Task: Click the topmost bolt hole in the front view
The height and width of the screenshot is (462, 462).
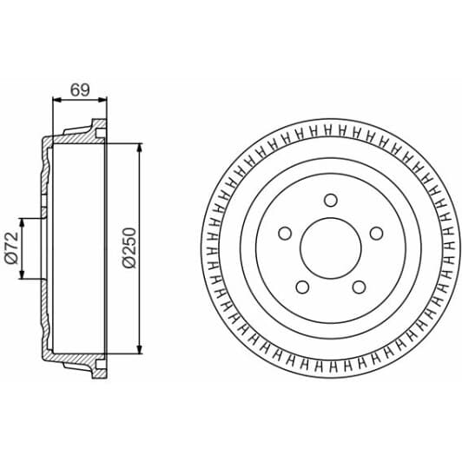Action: coord(330,201)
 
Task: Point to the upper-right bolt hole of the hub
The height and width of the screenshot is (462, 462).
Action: coord(376,234)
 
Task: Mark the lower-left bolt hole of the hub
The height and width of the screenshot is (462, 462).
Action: coord(300,287)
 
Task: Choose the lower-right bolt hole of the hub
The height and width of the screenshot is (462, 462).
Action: coord(359,287)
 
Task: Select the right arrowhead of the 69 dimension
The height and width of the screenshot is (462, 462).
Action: coord(102,101)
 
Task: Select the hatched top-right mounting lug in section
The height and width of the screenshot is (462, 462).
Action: coord(97,131)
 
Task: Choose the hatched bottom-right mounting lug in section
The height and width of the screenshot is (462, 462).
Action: coord(97,368)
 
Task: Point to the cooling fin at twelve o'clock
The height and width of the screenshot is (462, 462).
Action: coord(330,131)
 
